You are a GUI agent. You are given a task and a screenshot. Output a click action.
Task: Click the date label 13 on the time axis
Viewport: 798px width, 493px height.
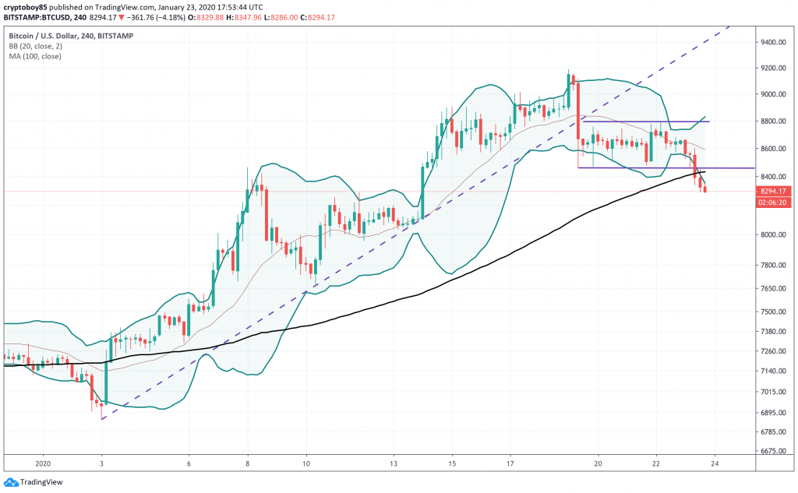pos(395,462)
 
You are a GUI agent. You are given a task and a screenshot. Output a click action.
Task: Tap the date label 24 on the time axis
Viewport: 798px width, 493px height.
pos(715,462)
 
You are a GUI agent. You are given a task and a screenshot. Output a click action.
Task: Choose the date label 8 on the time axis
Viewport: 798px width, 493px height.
pos(248,462)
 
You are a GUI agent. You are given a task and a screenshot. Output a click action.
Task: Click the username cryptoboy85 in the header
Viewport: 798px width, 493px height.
pos(28,7)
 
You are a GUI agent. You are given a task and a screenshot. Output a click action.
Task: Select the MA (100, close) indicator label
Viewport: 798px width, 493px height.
pos(36,55)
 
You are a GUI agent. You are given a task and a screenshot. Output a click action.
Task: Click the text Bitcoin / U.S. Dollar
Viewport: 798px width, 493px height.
pos(46,35)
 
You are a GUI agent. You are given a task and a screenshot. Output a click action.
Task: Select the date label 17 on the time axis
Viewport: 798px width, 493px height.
pos(510,462)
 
